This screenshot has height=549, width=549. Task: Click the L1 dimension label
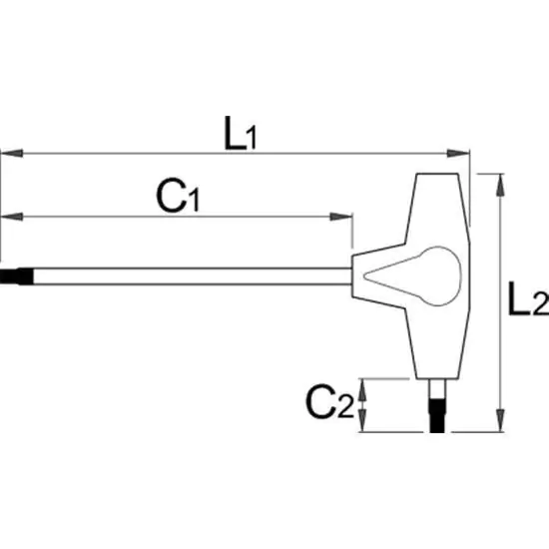pyautogui.click(x=241, y=134)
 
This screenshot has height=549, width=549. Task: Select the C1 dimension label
pyautogui.click(x=178, y=196)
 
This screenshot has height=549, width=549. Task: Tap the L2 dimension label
pyautogui.click(x=528, y=298)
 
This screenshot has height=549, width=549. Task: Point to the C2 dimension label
pyautogui.click(x=329, y=401)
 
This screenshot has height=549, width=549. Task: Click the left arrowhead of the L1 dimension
pyautogui.click(x=12, y=154)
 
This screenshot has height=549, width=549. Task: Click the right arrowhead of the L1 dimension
pyautogui.click(x=458, y=154)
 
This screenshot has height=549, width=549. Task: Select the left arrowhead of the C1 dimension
pyautogui.click(x=12, y=217)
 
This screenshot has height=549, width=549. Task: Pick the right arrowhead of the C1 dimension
pyautogui.click(x=341, y=217)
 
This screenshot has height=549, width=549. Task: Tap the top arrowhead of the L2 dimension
pyautogui.click(x=501, y=185)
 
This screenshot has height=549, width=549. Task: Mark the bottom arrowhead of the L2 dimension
pyautogui.click(x=501, y=420)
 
